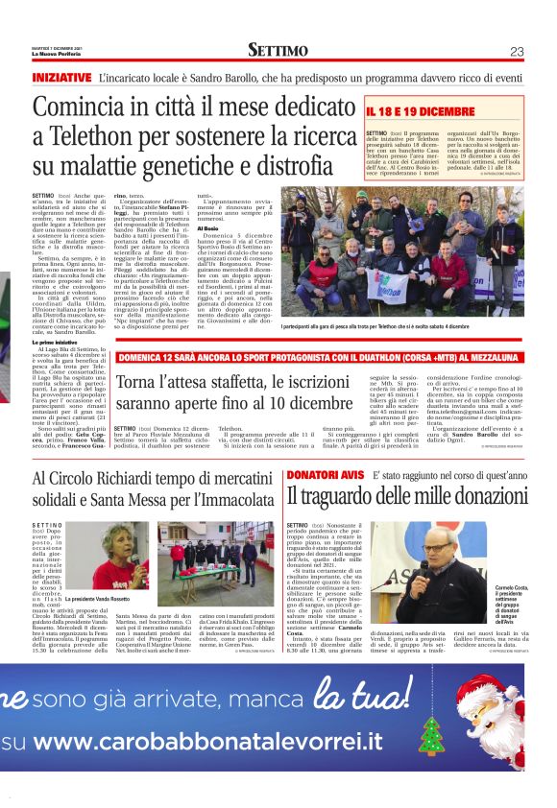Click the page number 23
click(517, 51)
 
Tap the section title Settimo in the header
click(278, 51)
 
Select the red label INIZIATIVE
click(61, 76)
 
